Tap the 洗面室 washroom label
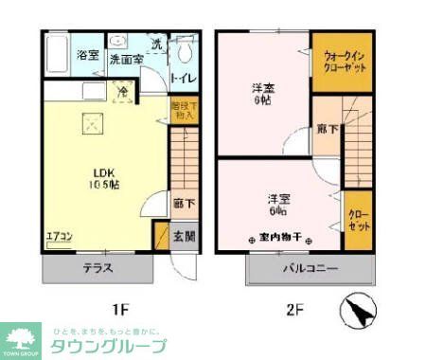point(126,59)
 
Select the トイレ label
point(183,78)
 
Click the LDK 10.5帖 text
point(104,178)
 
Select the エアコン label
point(59,237)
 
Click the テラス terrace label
point(98,268)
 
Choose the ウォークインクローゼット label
point(342,63)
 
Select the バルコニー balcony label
point(310,268)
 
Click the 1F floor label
point(120,309)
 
